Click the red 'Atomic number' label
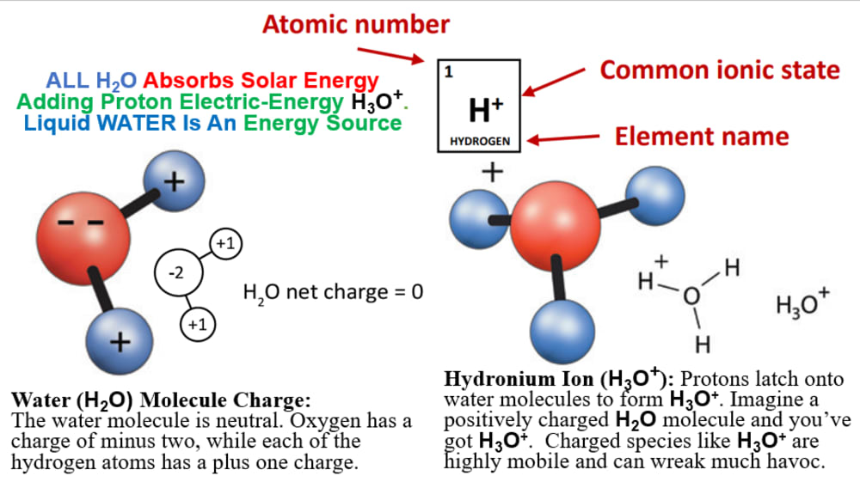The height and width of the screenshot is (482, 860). click(x=355, y=24)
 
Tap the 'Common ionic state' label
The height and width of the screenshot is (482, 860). click(x=720, y=70)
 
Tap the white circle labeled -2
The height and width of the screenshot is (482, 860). click(x=175, y=273)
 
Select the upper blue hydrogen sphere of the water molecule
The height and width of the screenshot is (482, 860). click(x=175, y=182)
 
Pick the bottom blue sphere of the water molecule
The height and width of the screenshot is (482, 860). click(x=119, y=340)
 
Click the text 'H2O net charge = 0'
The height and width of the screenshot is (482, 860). click(x=334, y=292)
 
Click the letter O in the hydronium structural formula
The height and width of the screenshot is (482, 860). click(x=691, y=296)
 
